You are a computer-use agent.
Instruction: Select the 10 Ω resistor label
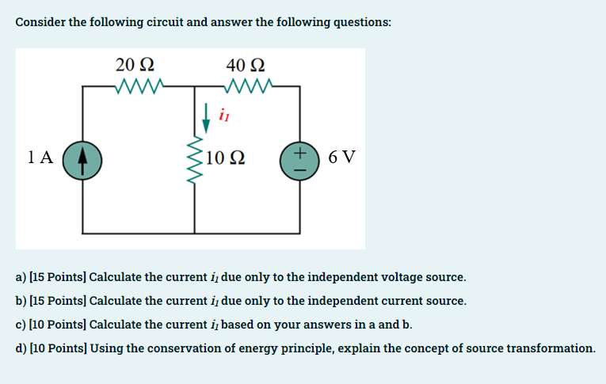(x=225, y=157)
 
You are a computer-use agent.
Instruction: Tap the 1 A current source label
(x=40, y=157)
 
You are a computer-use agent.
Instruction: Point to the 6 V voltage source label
(x=341, y=157)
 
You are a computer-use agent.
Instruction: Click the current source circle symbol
(x=82, y=157)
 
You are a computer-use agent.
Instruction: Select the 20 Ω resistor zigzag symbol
(x=139, y=85)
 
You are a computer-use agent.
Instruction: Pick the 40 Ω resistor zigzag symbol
(x=250, y=85)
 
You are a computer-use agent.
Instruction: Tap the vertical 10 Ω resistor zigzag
(x=194, y=157)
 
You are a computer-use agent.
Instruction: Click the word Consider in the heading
(x=40, y=21)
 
